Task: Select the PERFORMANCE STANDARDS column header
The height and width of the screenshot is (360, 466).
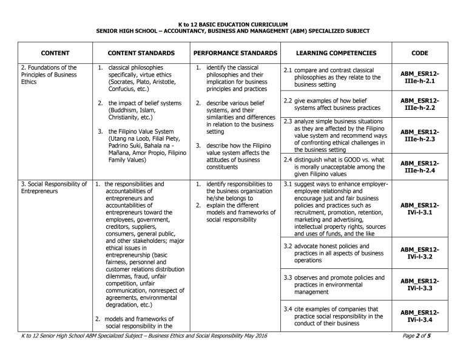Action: coord(235,53)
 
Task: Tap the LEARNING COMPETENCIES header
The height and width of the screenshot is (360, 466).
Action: coord(337,53)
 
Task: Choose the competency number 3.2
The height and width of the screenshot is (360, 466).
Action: coord(289,246)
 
